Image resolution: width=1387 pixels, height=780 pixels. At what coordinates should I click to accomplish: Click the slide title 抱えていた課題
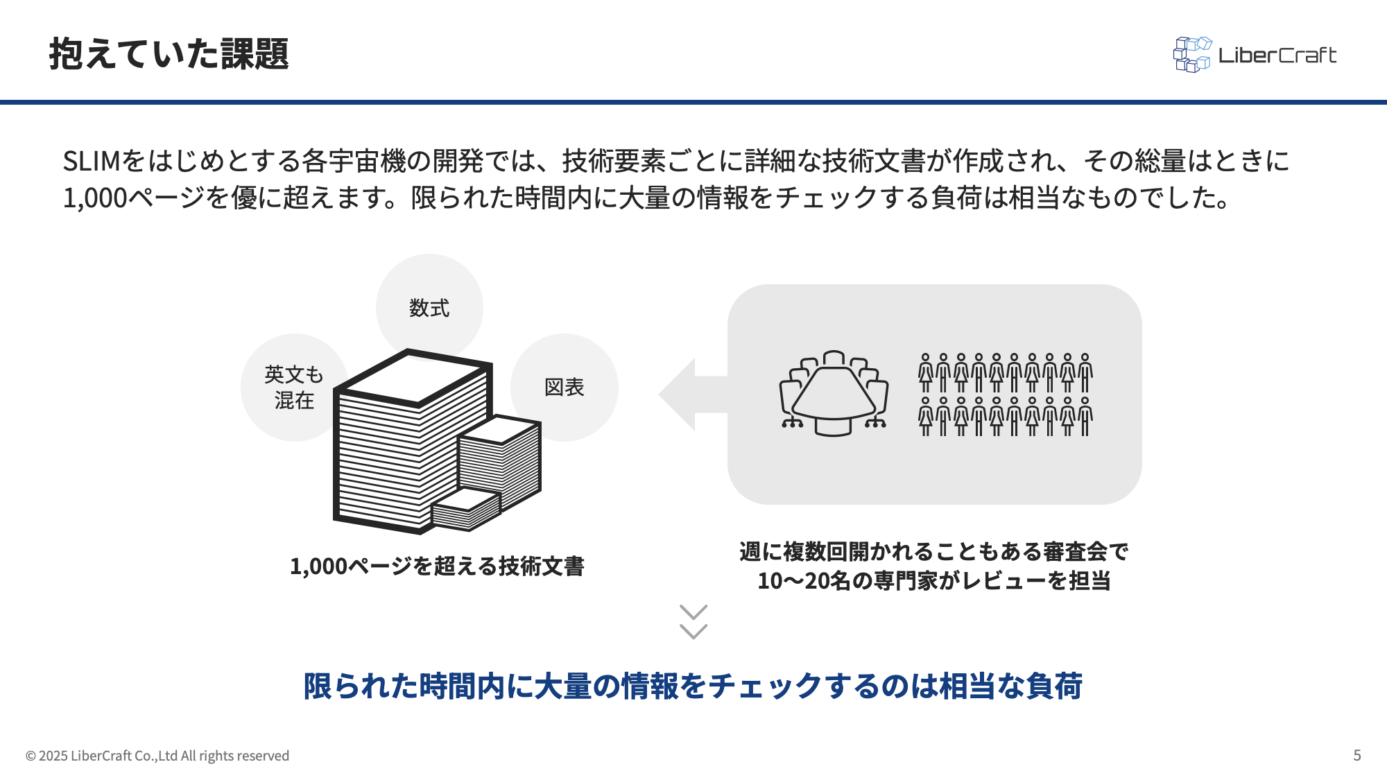(169, 54)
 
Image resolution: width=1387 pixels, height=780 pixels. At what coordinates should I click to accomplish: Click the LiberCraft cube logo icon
(1192, 55)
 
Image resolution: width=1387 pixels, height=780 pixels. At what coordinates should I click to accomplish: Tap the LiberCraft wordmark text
(1277, 55)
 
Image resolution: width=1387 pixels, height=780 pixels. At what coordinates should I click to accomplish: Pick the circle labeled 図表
(565, 387)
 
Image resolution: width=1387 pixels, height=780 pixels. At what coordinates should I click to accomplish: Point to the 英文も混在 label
(294, 388)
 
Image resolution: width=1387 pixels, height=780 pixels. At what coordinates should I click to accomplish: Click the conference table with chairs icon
(834, 393)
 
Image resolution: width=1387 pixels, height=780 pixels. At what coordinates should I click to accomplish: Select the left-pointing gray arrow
(690, 394)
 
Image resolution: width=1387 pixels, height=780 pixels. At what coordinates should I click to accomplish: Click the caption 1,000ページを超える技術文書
(437, 566)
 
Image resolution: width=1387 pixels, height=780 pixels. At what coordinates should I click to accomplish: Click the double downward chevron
(693, 621)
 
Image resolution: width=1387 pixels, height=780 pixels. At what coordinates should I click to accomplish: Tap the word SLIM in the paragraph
(92, 162)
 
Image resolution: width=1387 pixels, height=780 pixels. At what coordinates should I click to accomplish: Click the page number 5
(1357, 755)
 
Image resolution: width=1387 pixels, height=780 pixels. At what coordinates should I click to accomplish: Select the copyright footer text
(157, 756)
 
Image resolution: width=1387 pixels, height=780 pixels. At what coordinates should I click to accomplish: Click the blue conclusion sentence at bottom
(693, 686)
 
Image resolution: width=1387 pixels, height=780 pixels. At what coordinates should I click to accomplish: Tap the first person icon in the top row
(925, 373)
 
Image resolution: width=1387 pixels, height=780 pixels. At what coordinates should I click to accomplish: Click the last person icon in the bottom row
(1085, 416)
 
